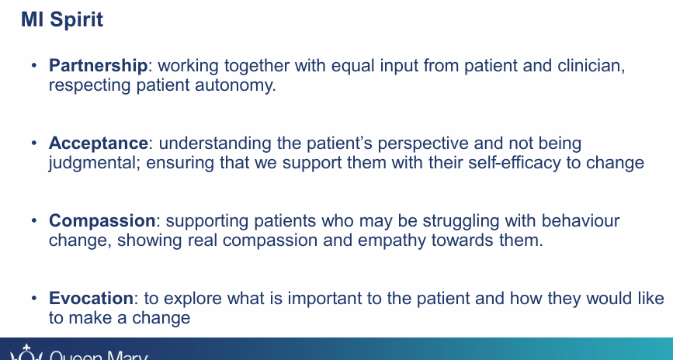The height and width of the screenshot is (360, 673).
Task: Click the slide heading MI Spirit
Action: tap(61, 19)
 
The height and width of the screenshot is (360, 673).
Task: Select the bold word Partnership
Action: tap(98, 67)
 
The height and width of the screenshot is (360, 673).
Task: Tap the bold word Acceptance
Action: tap(98, 144)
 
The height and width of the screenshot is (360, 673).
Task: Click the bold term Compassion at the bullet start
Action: tap(102, 221)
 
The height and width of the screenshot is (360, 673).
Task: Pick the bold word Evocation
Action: tap(91, 299)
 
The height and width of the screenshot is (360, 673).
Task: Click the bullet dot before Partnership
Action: tap(33, 67)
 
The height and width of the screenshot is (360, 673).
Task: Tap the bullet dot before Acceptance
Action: tap(33, 144)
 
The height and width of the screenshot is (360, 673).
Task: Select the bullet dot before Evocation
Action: tap(33, 299)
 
